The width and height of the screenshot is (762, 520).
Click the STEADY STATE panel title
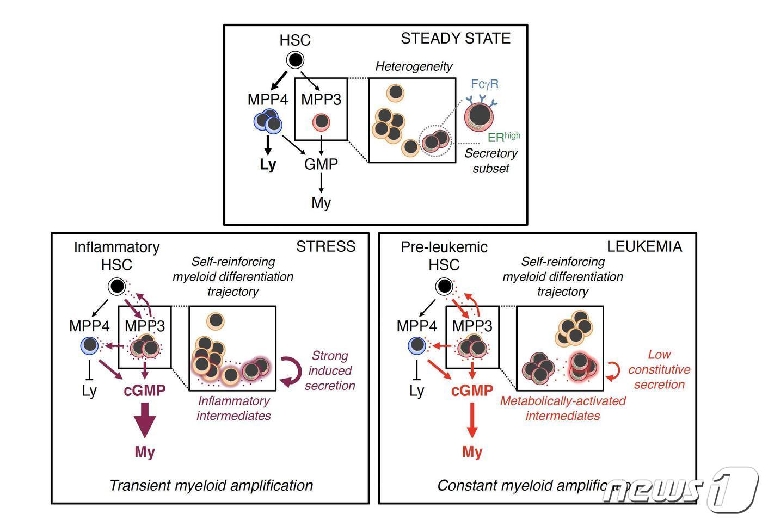pos(456,39)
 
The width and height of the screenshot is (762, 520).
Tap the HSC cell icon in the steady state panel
pos(295,60)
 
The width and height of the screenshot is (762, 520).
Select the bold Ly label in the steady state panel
pos(268,164)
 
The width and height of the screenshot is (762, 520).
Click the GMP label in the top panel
pos(321,164)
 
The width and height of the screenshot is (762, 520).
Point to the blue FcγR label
pos(484,84)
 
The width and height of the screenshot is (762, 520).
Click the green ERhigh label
pos(503,137)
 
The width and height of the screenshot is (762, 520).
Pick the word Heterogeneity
pos(414,66)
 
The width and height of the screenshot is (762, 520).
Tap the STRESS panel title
pos(325,246)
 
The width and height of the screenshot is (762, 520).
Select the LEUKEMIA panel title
pos(644,246)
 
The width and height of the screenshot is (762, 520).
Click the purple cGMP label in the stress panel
pos(145,391)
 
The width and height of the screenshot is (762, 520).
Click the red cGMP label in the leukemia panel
pos(472,391)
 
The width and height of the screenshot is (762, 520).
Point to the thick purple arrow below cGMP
pos(145,420)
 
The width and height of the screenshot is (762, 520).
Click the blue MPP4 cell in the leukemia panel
pos(417,345)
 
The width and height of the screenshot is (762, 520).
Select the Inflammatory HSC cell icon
pos(116,286)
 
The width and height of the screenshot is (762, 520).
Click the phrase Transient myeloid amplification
pos(211,485)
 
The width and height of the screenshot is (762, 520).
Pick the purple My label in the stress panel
pos(145,452)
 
